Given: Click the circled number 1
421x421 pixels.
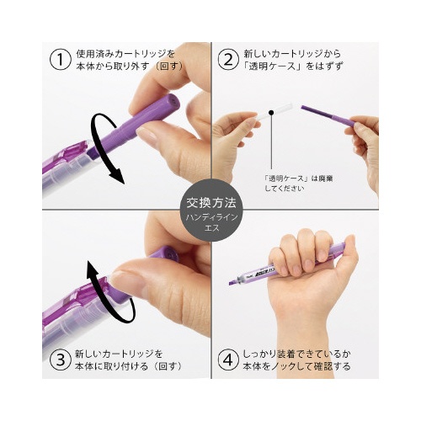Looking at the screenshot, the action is [x=60, y=60].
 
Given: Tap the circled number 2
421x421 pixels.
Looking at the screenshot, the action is [x=228, y=60].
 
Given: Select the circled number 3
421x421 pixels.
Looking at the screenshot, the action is [x=60, y=360].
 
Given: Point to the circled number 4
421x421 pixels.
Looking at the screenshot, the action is [x=228, y=360].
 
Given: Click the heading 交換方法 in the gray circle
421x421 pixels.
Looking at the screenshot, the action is [x=211, y=203].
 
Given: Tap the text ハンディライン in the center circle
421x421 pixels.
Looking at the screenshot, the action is [x=211, y=217].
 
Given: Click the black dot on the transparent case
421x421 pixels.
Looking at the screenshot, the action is [x=271, y=113].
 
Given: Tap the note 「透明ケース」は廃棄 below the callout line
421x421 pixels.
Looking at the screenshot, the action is [x=299, y=179].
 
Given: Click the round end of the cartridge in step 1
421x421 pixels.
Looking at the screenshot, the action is [x=172, y=102].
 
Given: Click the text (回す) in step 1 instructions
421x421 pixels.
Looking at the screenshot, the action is [x=169, y=67].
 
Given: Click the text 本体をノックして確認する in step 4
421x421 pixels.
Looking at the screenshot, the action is [x=297, y=366].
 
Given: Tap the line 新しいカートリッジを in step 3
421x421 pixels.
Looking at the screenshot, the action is [x=119, y=354].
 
